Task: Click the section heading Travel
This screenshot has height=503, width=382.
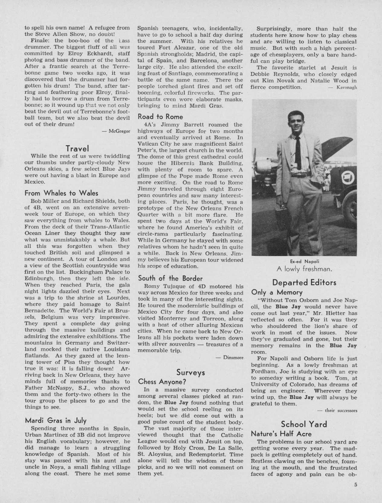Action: [77, 149]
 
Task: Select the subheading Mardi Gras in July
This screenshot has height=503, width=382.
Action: [56, 420]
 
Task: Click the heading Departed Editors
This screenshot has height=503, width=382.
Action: [304, 282]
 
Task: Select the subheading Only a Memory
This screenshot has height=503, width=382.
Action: [277, 292]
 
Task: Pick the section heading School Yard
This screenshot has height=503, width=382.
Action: [304, 424]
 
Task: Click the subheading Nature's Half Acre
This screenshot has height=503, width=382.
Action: [281, 434]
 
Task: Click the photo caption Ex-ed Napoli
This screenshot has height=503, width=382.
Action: [304, 261]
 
